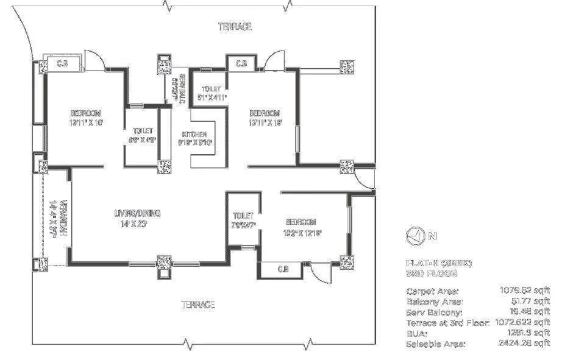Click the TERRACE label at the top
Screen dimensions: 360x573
(235, 27)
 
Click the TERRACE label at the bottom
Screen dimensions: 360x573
(198, 305)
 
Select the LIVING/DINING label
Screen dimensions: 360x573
(137, 213)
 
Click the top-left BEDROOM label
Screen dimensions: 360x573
(85, 113)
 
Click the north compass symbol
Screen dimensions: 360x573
(413, 235)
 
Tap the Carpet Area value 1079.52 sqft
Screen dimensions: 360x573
(524, 291)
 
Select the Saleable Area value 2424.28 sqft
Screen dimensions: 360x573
(524, 344)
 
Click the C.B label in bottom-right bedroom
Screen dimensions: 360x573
(282, 269)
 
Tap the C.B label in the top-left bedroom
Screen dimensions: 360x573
(62, 63)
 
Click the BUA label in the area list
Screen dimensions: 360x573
(415, 334)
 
